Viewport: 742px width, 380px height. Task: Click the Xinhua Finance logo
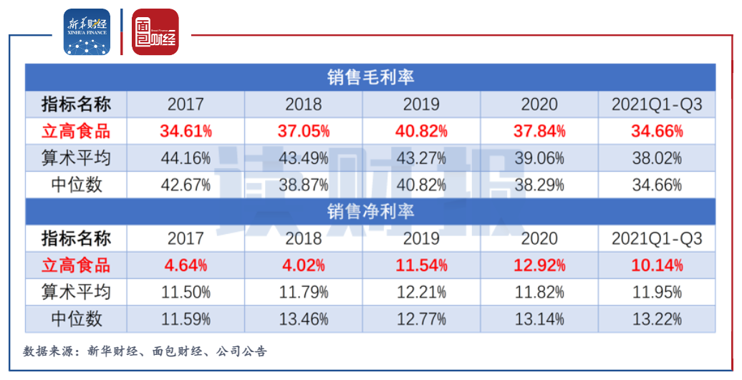(x=87, y=31)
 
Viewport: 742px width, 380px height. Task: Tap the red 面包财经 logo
(x=155, y=31)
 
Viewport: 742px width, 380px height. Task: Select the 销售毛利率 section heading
(x=370, y=77)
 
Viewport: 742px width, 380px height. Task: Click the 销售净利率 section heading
(x=370, y=211)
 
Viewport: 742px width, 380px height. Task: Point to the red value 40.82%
(x=421, y=131)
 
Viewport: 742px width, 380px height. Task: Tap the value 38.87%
(x=304, y=185)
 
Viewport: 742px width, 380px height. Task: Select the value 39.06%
(x=539, y=158)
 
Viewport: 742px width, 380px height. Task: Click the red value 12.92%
(x=539, y=265)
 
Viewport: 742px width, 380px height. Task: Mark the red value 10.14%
(x=657, y=265)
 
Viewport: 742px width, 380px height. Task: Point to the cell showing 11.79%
(x=304, y=292)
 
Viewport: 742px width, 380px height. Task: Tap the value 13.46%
(x=304, y=318)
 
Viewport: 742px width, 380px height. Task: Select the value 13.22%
(x=657, y=318)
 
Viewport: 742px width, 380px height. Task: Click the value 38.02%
(x=657, y=158)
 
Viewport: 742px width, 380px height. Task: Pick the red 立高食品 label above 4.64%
(x=76, y=265)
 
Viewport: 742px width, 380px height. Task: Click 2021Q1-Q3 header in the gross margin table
(x=657, y=104)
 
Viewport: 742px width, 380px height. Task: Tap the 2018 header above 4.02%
(x=304, y=238)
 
